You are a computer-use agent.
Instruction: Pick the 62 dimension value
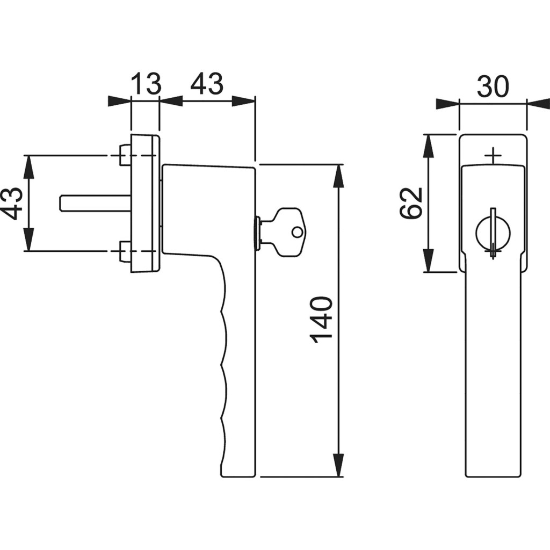point(411,203)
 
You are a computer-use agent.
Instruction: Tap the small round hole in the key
point(297,233)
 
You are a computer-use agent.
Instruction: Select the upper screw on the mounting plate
point(124,155)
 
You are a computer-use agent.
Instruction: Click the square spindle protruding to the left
point(94,203)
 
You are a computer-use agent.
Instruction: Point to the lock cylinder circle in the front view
point(493,234)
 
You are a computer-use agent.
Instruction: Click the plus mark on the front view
point(493,156)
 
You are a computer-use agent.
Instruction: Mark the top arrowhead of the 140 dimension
point(338,175)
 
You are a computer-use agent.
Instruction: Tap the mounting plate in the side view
point(145,203)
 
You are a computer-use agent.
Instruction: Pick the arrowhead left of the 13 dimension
point(119,101)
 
